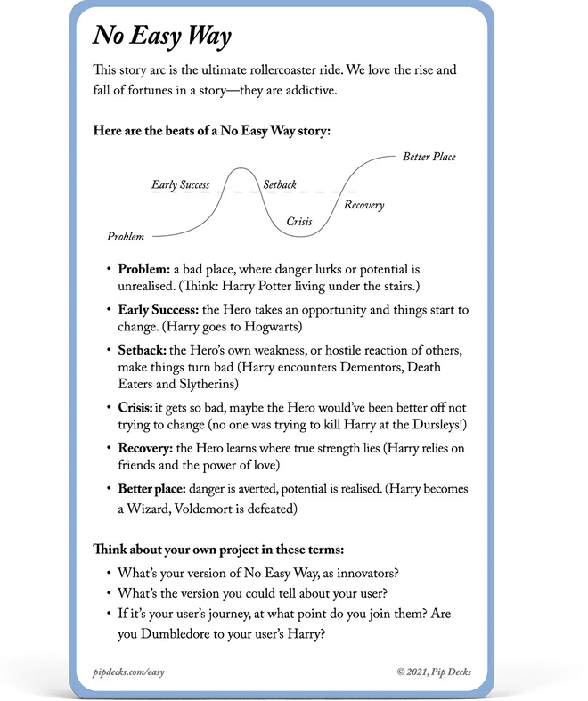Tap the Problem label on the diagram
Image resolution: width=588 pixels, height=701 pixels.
[x=126, y=237]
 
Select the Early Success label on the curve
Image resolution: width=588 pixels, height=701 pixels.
[x=181, y=185]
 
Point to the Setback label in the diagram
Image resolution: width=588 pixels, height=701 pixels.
[x=280, y=185]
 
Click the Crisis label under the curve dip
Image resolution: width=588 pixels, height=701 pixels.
[x=299, y=221]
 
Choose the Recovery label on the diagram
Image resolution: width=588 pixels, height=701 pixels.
[x=364, y=205]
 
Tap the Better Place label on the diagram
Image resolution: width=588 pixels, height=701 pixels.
[x=429, y=157]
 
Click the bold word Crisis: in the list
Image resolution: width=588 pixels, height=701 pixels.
[x=137, y=407]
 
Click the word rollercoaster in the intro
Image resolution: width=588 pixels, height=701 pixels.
[x=286, y=69]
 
